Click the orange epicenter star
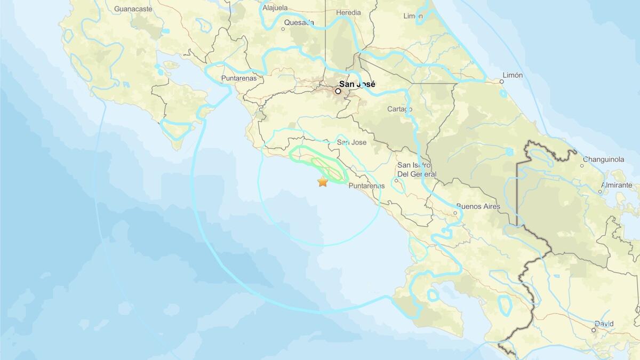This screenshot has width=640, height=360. [323, 182]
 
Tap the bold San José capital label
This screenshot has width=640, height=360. [357, 84]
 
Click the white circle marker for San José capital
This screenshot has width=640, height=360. [338, 91]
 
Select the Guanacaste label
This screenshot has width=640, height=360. [133, 9]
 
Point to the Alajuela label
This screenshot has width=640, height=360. [275, 8]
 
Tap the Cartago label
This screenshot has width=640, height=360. [400, 109]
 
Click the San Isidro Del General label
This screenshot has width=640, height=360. [417, 170]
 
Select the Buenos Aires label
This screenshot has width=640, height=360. [476, 206]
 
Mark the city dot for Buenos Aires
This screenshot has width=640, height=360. [455, 213]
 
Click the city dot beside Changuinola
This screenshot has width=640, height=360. [582, 165]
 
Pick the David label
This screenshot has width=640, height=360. [604, 324]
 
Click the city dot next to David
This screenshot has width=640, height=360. [593, 330]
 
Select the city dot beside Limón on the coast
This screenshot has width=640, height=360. [502, 82]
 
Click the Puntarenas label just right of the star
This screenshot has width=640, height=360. [366, 186]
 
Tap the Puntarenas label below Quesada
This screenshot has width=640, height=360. [238, 78]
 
